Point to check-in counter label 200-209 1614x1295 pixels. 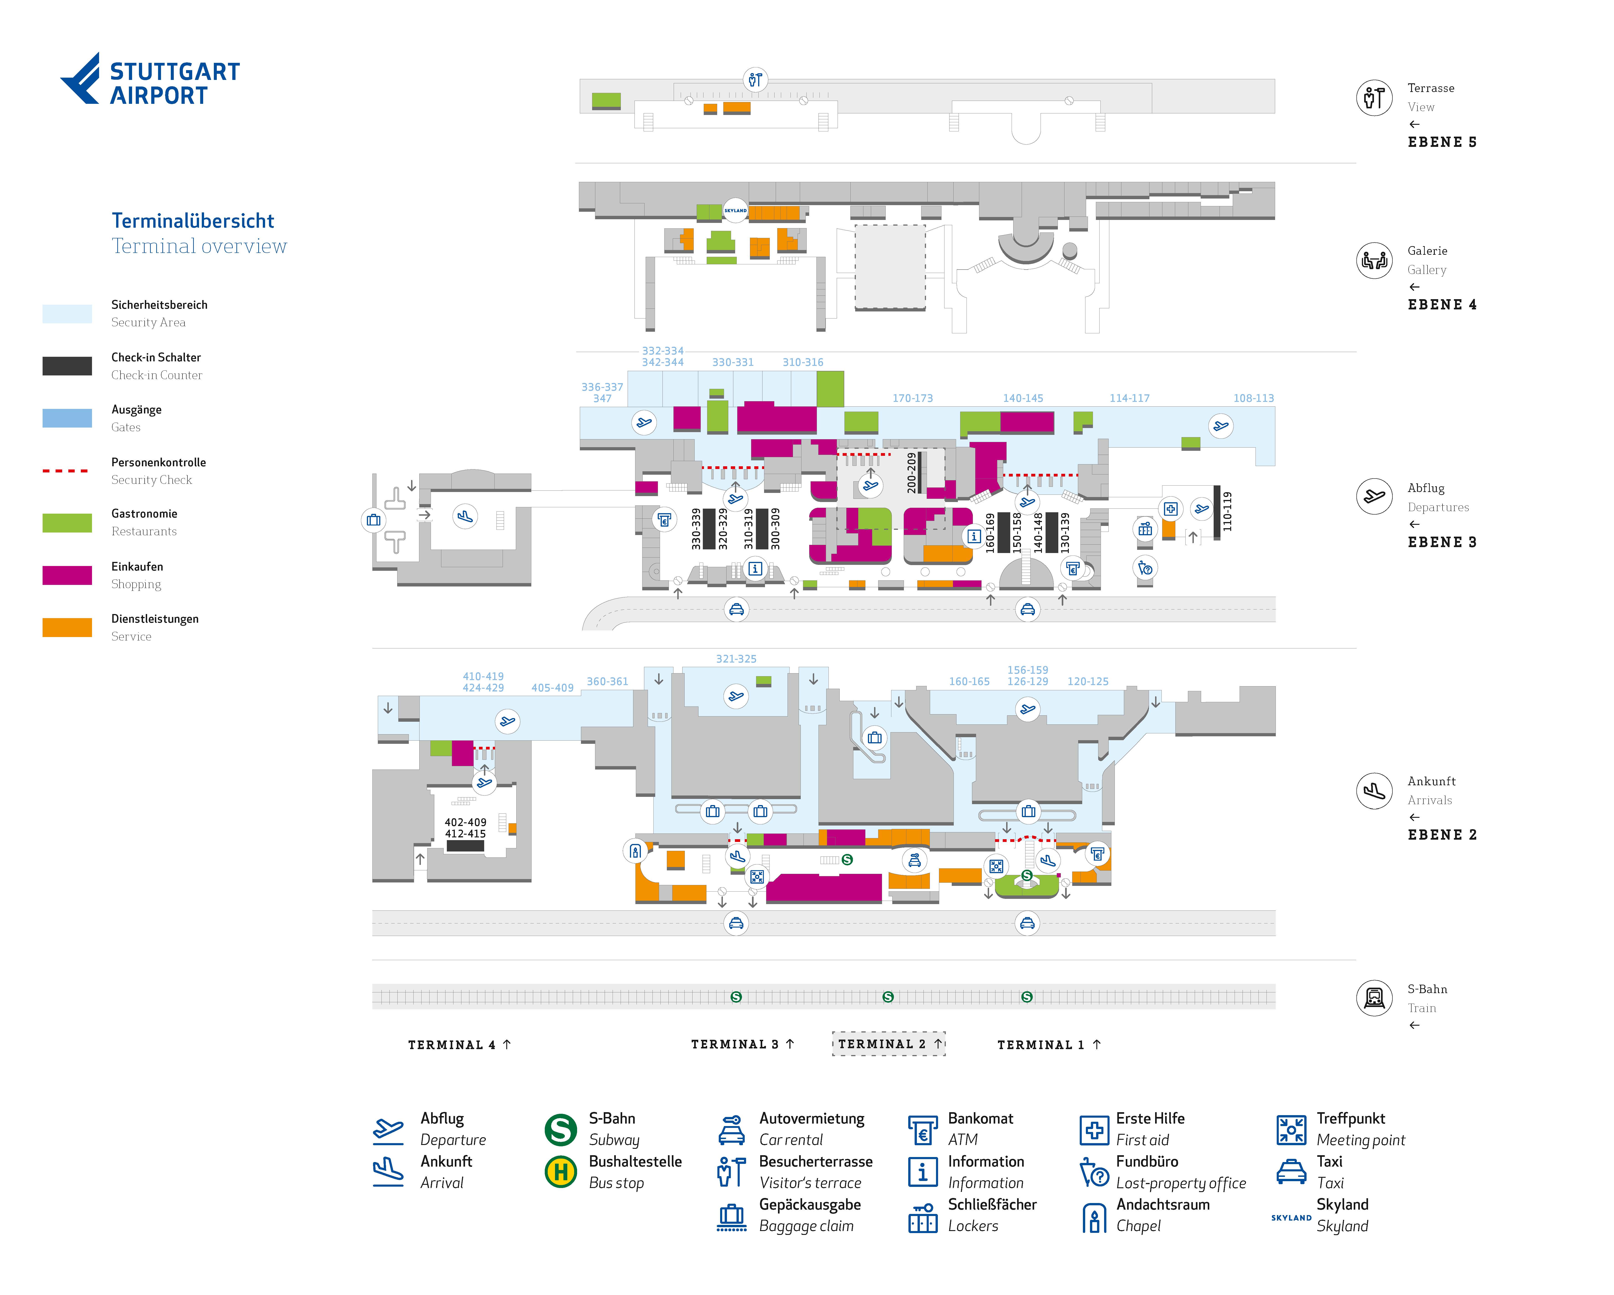911,472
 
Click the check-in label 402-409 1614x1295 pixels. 465,822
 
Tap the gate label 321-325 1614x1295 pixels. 736,659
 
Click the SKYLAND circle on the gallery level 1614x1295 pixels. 735,210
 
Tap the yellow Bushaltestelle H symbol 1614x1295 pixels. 560,1172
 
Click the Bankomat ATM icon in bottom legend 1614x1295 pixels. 922,1129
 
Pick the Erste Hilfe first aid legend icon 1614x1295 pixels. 1094,1129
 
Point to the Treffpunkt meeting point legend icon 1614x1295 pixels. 1291,1129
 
